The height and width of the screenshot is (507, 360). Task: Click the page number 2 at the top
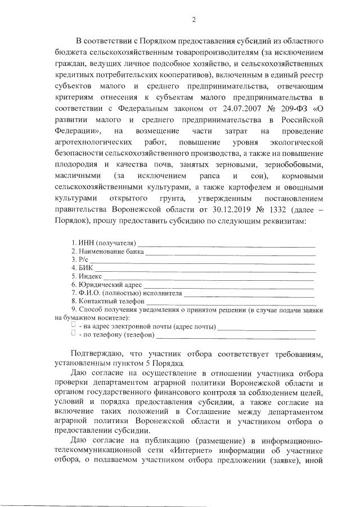tap(193, 20)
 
